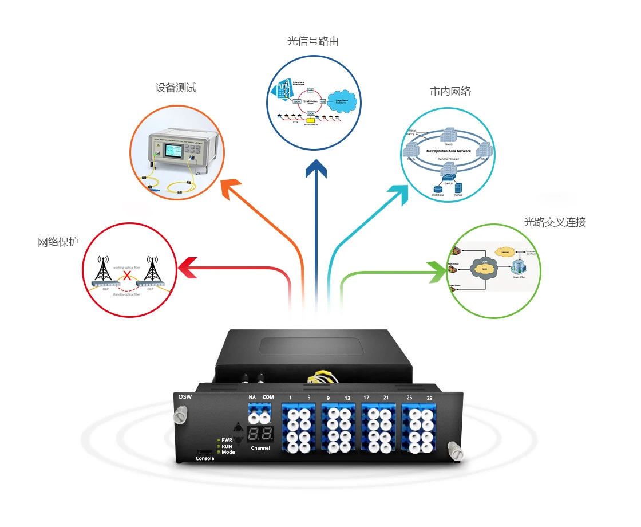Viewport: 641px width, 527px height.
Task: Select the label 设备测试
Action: coord(176,88)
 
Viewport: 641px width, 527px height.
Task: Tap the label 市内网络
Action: coord(450,91)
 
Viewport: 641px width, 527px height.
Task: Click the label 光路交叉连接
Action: coord(555,222)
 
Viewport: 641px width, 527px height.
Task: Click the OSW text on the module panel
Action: coord(185,396)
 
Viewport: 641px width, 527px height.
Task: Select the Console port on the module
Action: coord(204,451)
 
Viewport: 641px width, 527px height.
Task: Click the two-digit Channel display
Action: coord(260,434)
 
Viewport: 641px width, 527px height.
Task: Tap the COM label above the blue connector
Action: coord(268,397)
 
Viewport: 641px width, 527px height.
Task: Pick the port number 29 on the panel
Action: coord(429,398)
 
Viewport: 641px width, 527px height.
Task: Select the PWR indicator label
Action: coord(227,439)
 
